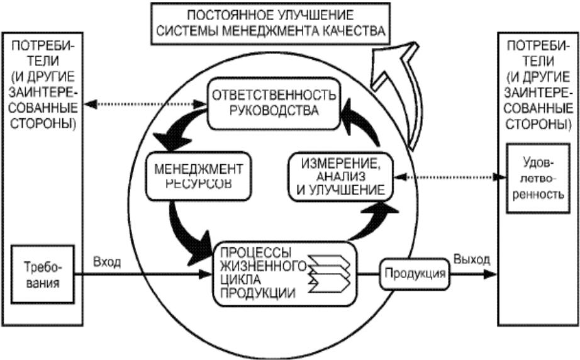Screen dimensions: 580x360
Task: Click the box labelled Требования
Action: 43,274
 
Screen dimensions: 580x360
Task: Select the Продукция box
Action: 415,274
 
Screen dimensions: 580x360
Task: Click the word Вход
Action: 107,262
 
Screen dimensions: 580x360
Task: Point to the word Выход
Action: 472,259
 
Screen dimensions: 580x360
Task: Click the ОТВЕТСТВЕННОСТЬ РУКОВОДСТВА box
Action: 274,103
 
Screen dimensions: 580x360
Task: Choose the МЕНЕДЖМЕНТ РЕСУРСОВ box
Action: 198,176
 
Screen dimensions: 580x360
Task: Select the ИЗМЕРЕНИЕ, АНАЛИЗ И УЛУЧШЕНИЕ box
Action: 340,177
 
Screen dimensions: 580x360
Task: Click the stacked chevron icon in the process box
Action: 329,274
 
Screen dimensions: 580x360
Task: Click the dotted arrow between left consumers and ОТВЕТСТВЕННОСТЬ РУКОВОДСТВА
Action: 145,104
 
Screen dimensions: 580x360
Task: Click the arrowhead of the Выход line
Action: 490,274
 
